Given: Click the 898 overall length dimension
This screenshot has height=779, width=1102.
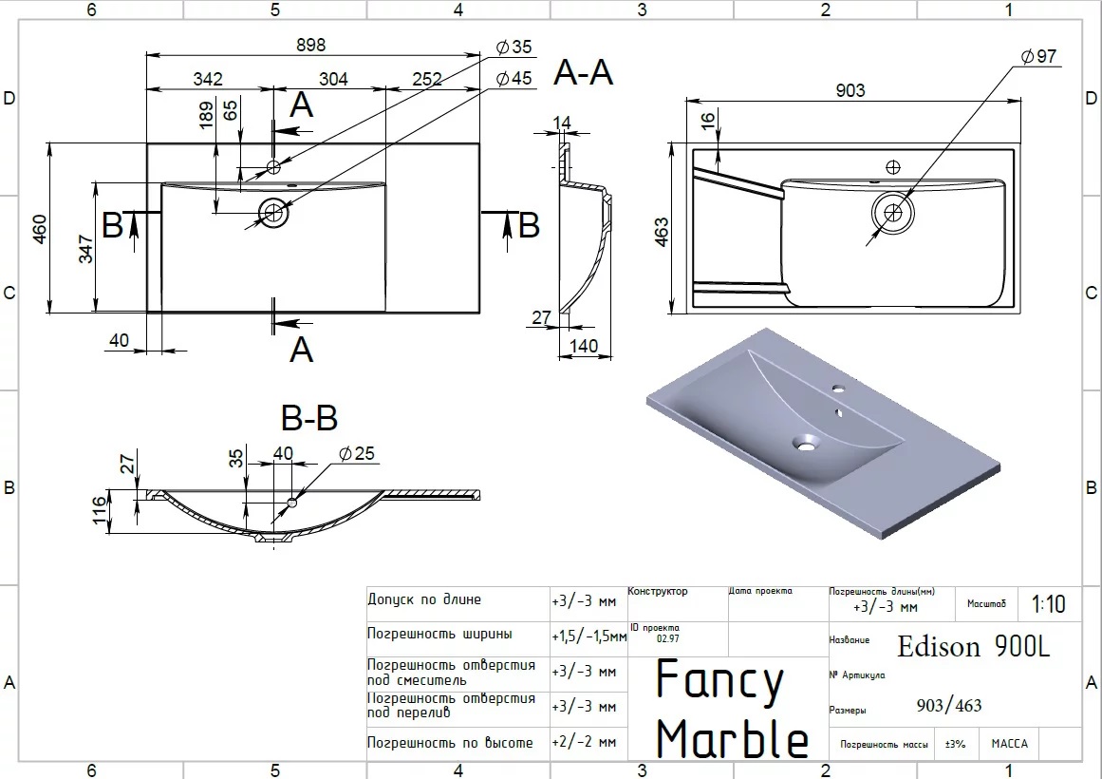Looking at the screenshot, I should click(x=312, y=45).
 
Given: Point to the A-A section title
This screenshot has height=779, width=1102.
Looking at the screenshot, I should click(x=584, y=72).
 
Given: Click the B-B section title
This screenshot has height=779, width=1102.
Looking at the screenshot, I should click(x=309, y=417).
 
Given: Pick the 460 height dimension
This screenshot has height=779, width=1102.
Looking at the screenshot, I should click(x=40, y=229).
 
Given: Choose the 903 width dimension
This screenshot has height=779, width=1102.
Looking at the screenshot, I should click(x=850, y=90).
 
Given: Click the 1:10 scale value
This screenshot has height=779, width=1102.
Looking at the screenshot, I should click(x=1048, y=604).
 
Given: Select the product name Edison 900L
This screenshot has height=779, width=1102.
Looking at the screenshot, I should click(x=974, y=647).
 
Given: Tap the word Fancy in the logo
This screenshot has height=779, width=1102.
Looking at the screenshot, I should click(x=720, y=681).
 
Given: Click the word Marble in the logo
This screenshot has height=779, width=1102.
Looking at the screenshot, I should click(x=732, y=738).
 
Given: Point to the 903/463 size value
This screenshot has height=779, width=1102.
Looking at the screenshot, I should click(x=949, y=705).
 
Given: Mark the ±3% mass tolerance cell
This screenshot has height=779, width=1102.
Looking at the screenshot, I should click(x=955, y=744).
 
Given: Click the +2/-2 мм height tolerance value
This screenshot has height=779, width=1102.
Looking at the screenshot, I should click(x=583, y=743).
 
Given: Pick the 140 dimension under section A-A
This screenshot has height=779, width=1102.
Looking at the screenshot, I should click(x=584, y=347).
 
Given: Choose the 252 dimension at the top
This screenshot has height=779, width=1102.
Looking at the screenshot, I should click(x=427, y=79).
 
